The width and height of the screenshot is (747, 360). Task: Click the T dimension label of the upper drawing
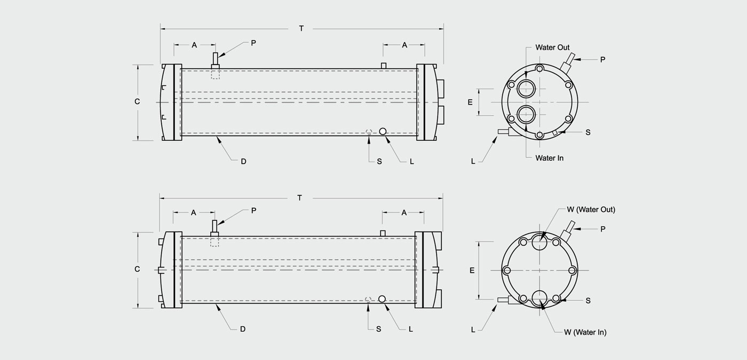(x=301, y=29)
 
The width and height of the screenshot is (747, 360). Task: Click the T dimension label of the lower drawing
(x=299, y=198)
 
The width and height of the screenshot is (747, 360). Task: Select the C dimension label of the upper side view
(x=137, y=102)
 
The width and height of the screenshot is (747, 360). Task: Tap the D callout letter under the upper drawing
(x=243, y=162)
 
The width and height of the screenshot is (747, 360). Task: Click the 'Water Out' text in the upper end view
(x=553, y=47)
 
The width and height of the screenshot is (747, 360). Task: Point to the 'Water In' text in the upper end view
(x=549, y=158)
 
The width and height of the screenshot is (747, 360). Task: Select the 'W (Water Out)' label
(x=591, y=210)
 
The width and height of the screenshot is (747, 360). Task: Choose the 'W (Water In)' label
(x=585, y=332)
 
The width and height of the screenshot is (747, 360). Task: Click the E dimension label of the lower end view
(x=472, y=270)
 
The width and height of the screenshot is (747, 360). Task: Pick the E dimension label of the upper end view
(x=470, y=102)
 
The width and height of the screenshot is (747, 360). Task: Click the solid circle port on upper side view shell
(x=383, y=131)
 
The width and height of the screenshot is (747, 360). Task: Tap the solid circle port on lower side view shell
(x=382, y=299)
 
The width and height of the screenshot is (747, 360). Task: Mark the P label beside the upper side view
(x=253, y=43)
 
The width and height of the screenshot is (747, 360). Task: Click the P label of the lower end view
(x=602, y=229)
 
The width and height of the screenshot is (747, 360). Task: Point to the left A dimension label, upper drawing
(x=194, y=45)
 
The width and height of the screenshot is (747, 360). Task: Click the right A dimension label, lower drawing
(x=404, y=213)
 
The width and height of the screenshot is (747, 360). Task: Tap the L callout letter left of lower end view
(x=473, y=330)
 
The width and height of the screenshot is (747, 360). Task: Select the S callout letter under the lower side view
(x=378, y=329)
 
